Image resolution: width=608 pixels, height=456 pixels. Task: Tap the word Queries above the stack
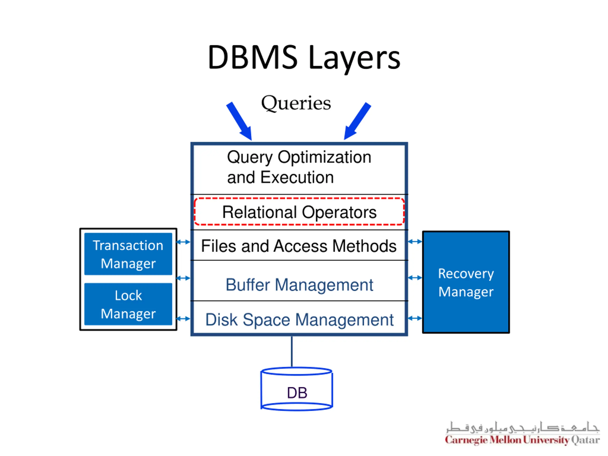(296, 103)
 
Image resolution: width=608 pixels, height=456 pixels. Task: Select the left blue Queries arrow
(239, 121)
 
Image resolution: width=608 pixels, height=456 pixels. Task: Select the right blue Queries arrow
(357, 121)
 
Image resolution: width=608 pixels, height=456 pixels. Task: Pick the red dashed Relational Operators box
(299, 211)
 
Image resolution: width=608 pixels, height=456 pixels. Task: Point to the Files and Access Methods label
(299, 246)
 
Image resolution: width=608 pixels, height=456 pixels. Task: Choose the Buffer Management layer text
(299, 285)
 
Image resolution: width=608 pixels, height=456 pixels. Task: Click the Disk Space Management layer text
(299, 320)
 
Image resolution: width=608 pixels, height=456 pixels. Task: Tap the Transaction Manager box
(128, 254)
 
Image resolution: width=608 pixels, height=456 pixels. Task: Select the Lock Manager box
(128, 304)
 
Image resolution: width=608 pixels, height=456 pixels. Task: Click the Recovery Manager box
(466, 282)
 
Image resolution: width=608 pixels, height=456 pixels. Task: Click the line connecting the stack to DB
(292, 351)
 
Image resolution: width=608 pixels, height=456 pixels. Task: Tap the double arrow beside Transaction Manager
(183, 242)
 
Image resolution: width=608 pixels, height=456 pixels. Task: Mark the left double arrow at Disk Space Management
(183, 318)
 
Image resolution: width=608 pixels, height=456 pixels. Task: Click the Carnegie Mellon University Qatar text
(522, 440)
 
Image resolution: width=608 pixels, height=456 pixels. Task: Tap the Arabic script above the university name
(522, 427)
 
